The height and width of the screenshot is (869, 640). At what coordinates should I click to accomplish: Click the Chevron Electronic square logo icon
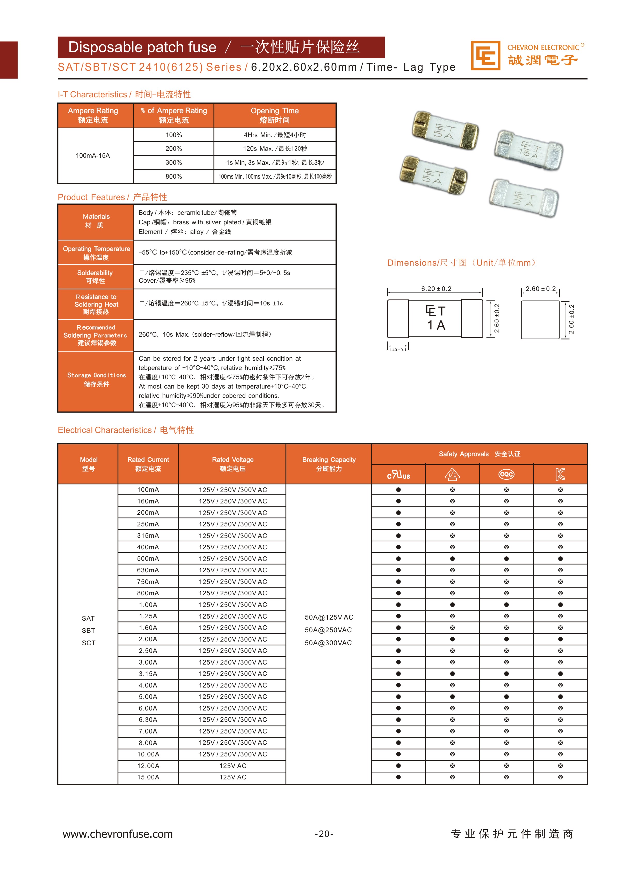485,56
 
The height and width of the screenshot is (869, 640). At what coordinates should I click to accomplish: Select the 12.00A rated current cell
148,765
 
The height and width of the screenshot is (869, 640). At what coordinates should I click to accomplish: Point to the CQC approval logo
506,474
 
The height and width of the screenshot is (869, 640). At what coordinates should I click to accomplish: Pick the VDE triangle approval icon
452,474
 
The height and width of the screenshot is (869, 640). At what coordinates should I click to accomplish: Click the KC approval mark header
560,474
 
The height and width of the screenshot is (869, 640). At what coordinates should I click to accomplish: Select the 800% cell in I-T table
174,176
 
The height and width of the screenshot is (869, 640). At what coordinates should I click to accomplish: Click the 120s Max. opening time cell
275,148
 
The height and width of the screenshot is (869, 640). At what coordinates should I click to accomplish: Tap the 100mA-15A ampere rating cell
93,155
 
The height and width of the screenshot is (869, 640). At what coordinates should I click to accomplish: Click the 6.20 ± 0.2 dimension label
436,289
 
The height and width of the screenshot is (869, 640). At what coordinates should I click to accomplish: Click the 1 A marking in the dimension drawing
436,325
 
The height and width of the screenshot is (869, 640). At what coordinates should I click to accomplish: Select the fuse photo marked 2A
524,198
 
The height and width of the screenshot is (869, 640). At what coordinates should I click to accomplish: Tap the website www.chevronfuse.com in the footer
118,834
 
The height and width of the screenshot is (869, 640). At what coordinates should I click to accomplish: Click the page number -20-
324,834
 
